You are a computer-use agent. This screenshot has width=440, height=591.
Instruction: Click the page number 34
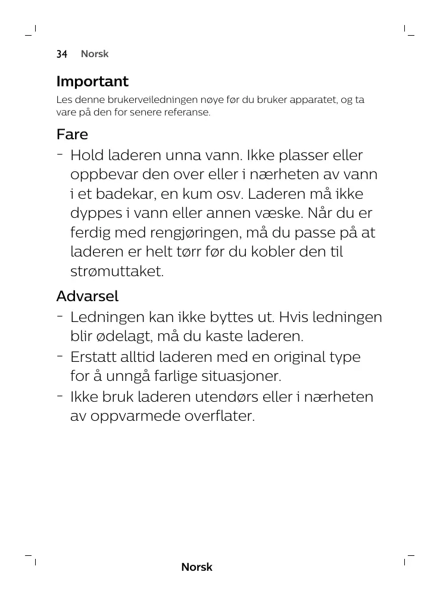tap(62, 54)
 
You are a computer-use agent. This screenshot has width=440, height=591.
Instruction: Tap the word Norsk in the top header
tap(95, 54)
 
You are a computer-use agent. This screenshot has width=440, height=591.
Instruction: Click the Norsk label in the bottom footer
tap(196, 567)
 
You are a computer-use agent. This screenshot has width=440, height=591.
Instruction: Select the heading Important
tap(92, 82)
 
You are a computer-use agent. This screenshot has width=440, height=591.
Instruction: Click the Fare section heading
tap(72, 135)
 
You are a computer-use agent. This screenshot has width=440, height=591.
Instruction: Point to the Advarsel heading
tap(88, 296)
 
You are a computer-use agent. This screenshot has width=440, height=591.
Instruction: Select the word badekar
tap(124, 195)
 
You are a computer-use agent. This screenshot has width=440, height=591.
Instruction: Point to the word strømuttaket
tap(117, 272)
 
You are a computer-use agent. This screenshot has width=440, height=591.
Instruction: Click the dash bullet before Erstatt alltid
tap(60, 356)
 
